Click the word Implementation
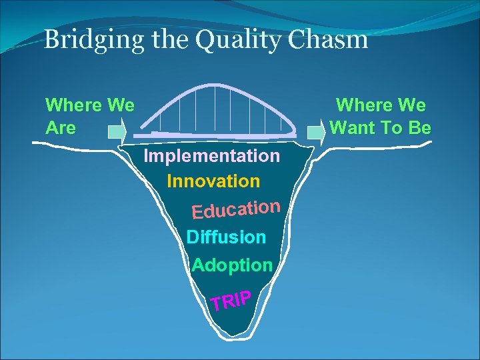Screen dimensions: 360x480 tap(212, 156)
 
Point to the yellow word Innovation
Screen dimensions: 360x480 tap(213, 181)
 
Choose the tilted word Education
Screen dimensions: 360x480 tap(235, 208)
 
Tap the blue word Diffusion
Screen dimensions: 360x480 tap(226, 237)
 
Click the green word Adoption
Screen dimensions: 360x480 tap(232, 265)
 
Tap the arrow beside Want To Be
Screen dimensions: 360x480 tap(316, 131)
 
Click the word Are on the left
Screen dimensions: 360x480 tap(60, 127)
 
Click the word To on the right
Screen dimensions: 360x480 tap(393, 127)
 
